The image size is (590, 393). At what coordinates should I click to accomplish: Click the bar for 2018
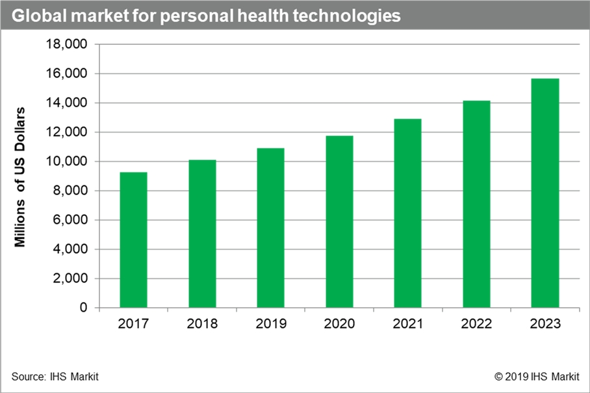point(202,234)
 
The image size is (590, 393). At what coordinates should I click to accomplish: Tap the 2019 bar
point(270,228)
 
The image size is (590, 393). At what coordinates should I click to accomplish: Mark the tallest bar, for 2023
point(545,193)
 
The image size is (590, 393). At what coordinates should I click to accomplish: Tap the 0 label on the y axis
point(84,308)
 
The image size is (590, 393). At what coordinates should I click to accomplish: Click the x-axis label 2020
point(339,324)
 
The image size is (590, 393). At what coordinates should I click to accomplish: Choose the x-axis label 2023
point(545,324)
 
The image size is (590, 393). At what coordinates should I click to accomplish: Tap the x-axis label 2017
point(133,324)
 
